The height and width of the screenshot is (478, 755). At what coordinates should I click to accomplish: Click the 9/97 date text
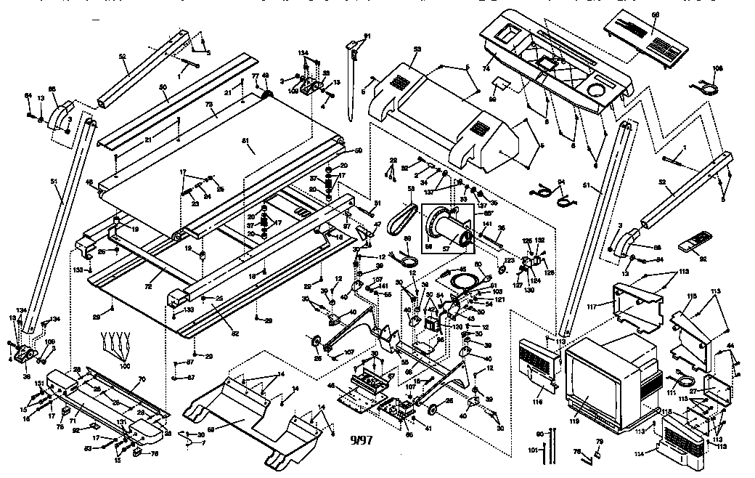click(x=359, y=439)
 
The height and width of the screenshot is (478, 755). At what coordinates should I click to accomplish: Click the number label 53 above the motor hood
click(x=417, y=49)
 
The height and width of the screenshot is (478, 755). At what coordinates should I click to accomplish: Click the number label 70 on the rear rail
click(x=142, y=379)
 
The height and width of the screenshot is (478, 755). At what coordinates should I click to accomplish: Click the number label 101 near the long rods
click(x=533, y=451)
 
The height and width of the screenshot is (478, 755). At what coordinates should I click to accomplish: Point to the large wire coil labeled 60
click(x=462, y=278)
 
